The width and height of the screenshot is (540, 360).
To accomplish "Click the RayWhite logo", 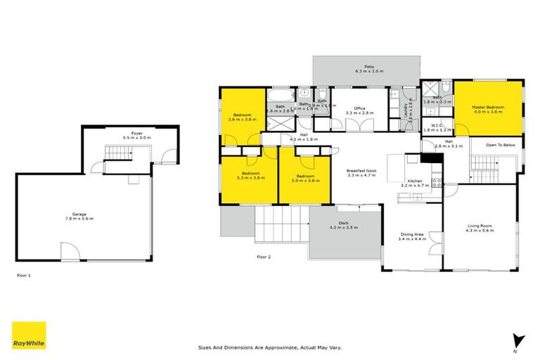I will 29,335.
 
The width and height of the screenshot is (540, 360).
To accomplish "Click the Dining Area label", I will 411,237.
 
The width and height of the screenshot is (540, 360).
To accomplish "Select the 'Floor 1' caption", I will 25,276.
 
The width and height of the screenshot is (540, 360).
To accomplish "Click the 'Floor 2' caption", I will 264,257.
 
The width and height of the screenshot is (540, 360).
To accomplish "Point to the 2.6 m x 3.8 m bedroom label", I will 242,117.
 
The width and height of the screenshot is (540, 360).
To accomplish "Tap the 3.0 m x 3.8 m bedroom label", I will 305,178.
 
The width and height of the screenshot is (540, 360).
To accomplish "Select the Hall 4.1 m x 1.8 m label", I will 304,136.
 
